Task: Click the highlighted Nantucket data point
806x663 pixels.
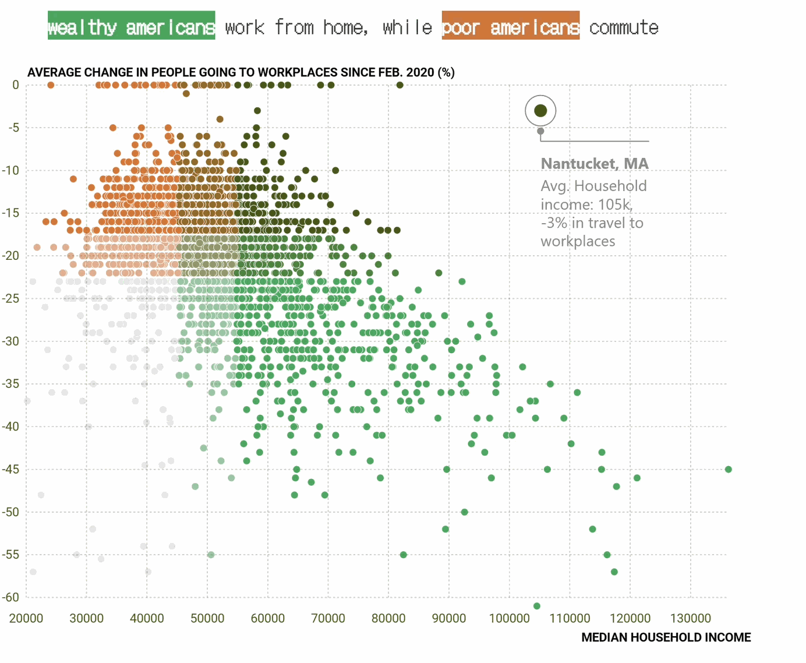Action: coord(540,111)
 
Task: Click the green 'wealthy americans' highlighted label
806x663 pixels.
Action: coord(132,26)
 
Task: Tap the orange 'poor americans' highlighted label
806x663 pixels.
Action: coord(510,26)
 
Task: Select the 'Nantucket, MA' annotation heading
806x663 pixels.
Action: coord(594,164)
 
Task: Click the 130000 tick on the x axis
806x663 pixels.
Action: coord(691,619)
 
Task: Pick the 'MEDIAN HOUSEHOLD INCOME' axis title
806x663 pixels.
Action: coord(666,637)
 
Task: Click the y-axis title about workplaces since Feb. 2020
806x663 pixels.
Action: coord(241,72)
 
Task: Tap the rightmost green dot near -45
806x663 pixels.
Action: coord(729,469)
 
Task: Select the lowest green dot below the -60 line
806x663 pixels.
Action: coord(537,606)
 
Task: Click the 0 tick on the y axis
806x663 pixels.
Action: coord(16,85)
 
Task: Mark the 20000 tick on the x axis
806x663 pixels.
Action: coord(26,619)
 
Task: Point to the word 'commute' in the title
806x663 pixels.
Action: coord(624,27)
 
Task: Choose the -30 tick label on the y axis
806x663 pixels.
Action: coord(11,341)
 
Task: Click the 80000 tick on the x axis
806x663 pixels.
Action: coord(388,619)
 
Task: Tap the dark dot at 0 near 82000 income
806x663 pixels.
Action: coord(400,85)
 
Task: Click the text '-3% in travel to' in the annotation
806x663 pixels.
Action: coord(592,223)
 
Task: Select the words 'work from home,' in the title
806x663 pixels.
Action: coord(296,27)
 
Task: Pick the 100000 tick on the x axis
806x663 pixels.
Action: coord(509,619)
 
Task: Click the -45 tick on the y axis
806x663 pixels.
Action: coord(11,469)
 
